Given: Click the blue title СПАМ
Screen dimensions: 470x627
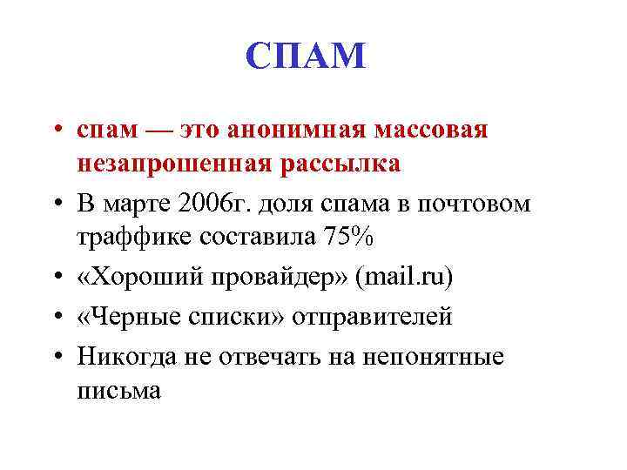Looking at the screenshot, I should click(x=306, y=57).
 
